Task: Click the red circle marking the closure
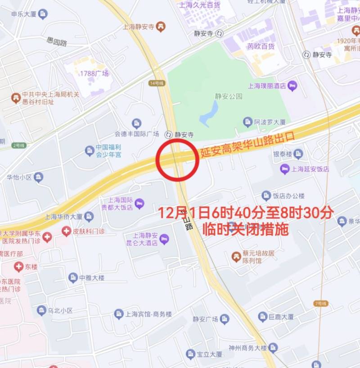pos(177,159)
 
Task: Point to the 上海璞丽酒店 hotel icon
pos(292,86)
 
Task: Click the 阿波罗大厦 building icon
pos(247,122)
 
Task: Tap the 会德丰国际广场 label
pos(137,134)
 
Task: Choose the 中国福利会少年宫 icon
pos(90,150)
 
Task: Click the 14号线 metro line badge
pos(154,83)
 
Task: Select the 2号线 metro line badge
pos(19,145)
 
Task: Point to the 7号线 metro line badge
pos(320,304)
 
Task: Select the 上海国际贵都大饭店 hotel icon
pos(139,204)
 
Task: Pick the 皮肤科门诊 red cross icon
pos(67,232)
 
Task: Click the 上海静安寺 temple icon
pos(160,27)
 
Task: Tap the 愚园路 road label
pos(57,42)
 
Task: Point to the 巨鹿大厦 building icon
pos(263,317)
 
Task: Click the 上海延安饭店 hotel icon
pos(284,169)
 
